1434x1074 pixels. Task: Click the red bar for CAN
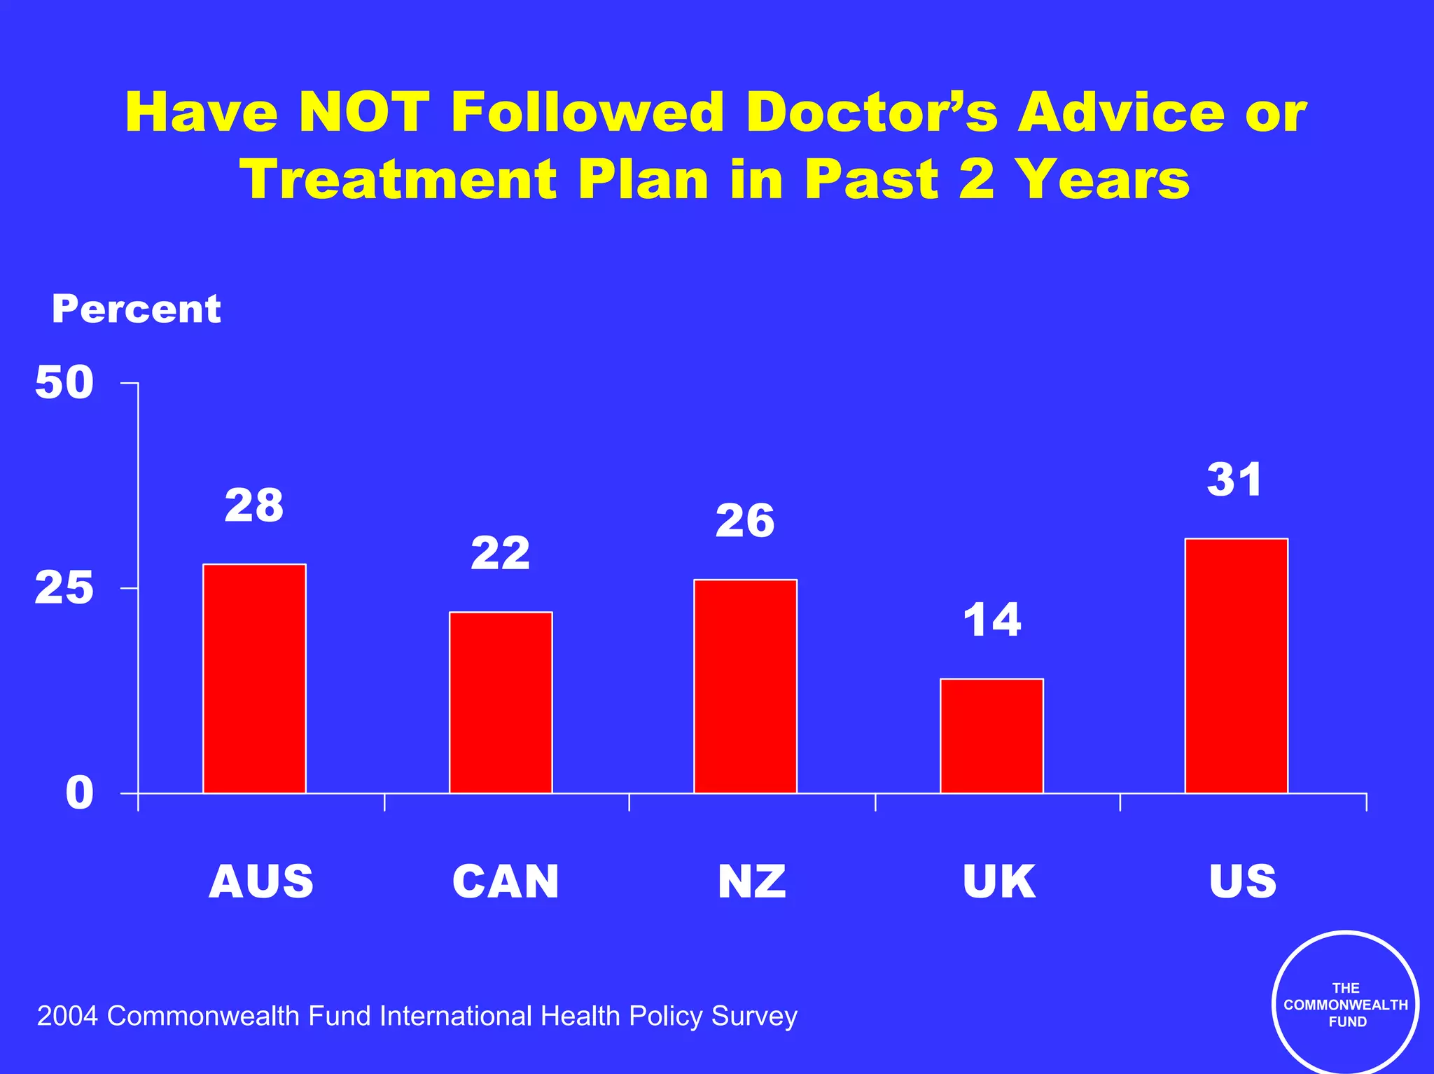[x=501, y=702]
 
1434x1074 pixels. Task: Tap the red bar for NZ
[x=745, y=686]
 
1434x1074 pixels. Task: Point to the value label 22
[x=501, y=553]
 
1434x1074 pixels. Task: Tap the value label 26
[x=745, y=521]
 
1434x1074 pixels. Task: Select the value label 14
[x=992, y=620]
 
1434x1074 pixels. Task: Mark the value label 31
[x=1234, y=480]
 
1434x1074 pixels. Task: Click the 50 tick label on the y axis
[x=64, y=383]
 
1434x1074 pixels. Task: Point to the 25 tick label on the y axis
[x=64, y=587]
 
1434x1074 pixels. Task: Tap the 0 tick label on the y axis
[x=79, y=793]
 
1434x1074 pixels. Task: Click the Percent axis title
[x=137, y=309]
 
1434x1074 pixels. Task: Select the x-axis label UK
[x=998, y=881]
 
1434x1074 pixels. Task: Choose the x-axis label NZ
[x=752, y=881]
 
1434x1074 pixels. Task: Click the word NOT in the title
[x=363, y=112]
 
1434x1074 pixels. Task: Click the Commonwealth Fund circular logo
[x=1346, y=1005]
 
